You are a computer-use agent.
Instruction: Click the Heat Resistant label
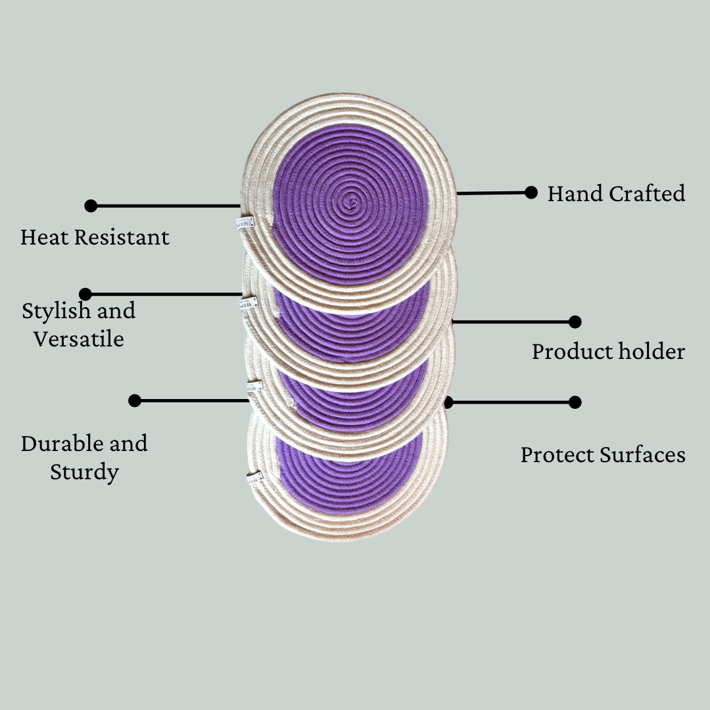(x=95, y=237)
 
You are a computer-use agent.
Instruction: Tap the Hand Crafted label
(x=616, y=194)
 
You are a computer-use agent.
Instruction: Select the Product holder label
(x=608, y=352)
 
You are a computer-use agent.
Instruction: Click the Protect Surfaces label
(x=603, y=455)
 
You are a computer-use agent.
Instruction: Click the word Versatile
(x=79, y=339)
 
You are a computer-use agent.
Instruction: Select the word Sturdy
(x=84, y=472)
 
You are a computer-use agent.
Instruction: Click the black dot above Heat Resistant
(x=91, y=206)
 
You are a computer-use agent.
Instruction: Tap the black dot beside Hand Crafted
(x=531, y=193)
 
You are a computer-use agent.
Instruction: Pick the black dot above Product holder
(x=575, y=321)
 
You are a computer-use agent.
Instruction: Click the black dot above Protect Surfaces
(x=575, y=402)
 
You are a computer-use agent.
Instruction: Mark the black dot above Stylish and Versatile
(x=85, y=294)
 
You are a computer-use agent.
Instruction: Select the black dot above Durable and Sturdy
(x=135, y=400)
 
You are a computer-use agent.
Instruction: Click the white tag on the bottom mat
(x=254, y=478)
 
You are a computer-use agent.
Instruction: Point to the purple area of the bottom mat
(x=348, y=483)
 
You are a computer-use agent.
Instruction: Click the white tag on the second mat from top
(x=248, y=303)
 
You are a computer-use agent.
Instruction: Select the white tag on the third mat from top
(x=253, y=387)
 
